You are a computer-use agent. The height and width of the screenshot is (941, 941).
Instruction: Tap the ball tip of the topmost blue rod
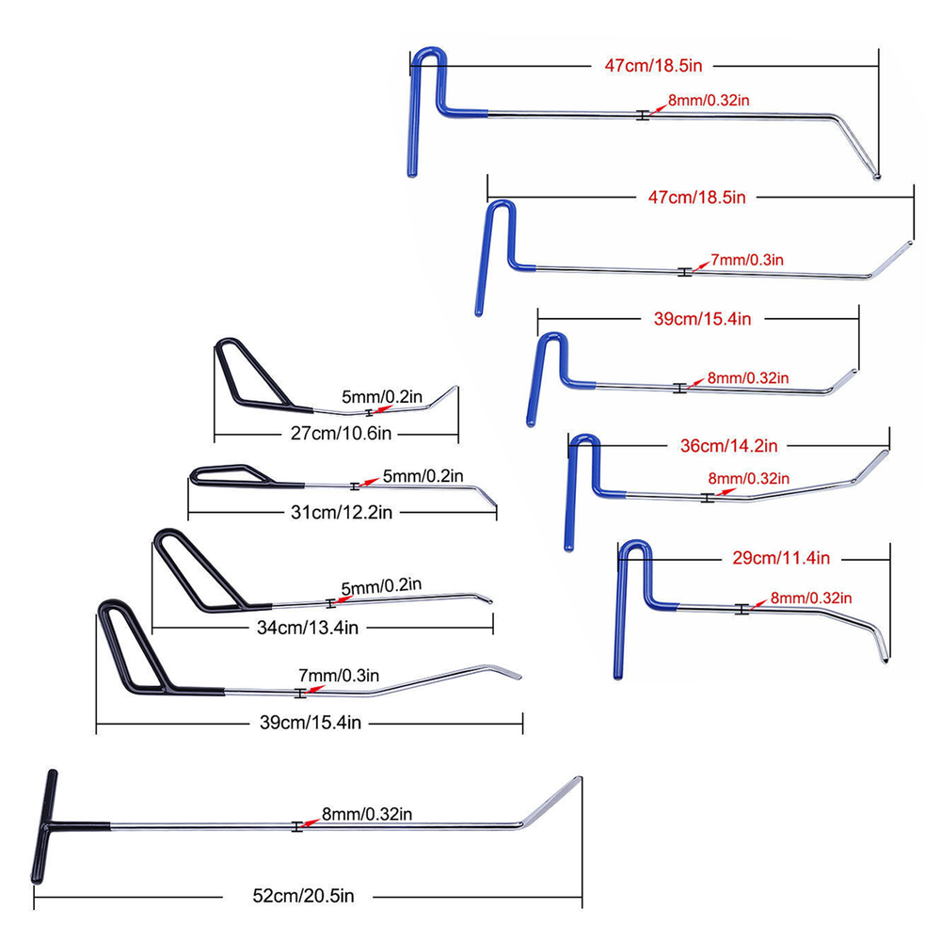(x=878, y=175)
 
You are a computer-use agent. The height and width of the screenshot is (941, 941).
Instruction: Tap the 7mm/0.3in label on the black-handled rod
(x=338, y=675)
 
